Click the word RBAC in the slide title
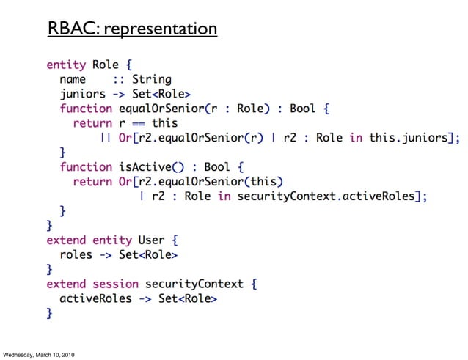pyautogui.click(x=73, y=29)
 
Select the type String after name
pyautogui.click(x=152, y=79)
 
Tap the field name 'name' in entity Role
pyautogui.click(x=73, y=79)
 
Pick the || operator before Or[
pyautogui.click(x=106, y=137)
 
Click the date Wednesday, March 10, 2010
pyautogui.click(x=38, y=355)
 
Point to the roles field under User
pyautogui.click(x=76, y=254)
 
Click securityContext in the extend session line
pyautogui.click(x=192, y=284)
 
